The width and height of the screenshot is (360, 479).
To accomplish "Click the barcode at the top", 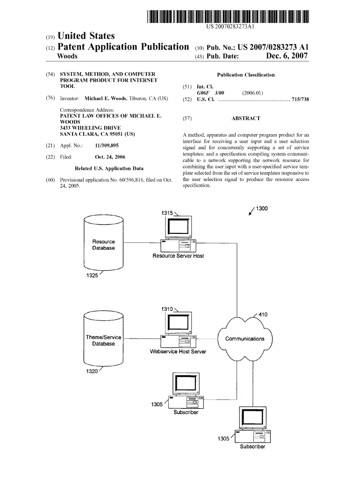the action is click(228, 16).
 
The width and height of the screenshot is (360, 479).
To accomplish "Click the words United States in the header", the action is click(86, 36).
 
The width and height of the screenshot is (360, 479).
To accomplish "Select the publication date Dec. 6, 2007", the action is click(287, 56).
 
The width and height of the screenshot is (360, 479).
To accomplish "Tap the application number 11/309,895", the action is click(107, 145).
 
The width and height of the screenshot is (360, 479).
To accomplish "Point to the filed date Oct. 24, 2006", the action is click(110, 157).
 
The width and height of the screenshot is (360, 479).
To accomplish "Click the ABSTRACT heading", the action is click(246, 118).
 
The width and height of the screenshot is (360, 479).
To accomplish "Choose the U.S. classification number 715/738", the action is click(301, 99).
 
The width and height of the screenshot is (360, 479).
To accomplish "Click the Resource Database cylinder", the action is click(103, 242).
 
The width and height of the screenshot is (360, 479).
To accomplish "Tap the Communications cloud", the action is click(245, 339).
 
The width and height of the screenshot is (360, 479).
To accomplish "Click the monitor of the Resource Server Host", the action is click(179, 227).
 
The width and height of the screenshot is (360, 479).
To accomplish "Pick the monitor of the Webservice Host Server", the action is click(179, 323).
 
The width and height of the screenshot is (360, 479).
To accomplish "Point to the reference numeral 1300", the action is click(262, 208).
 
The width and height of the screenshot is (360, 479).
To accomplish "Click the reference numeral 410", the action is click(263, 314).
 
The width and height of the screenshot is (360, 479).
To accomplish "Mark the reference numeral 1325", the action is click(92, 275).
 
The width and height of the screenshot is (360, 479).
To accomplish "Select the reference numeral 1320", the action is click(92, 371).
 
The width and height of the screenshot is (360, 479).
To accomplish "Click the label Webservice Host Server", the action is click(178, 352).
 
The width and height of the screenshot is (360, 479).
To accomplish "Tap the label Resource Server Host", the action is click(178, 256).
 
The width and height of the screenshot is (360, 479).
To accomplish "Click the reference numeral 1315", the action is click(167, 213).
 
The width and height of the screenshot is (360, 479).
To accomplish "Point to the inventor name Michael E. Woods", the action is click(105, 98).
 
